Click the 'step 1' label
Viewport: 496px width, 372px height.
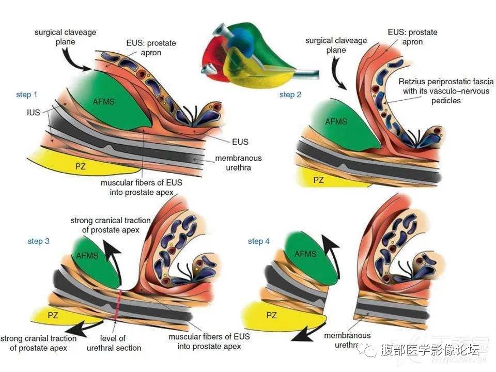[x=26, y=95]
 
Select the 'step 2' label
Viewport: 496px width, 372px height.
[x=290, y=95]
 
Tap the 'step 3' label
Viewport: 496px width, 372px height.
[x=38, y=241]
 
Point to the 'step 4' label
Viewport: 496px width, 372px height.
[x=258, y=241]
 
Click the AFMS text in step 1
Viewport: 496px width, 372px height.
[x=104, y=102]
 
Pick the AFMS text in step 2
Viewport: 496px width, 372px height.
[x=336, y=121]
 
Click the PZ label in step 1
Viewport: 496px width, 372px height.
[x=81, y=166]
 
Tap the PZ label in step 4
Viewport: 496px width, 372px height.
[x=271, y=315]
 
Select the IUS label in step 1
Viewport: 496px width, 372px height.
[x=34, y=112]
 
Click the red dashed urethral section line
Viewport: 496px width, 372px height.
[x=118, y=305]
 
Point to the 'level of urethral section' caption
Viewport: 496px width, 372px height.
[x=114, y=343]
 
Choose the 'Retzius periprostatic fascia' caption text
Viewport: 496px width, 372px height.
[x=446, y=82]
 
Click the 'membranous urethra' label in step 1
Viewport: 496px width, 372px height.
[x=239, y=163]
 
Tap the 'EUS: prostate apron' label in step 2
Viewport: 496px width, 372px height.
[x=412, y=37]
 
